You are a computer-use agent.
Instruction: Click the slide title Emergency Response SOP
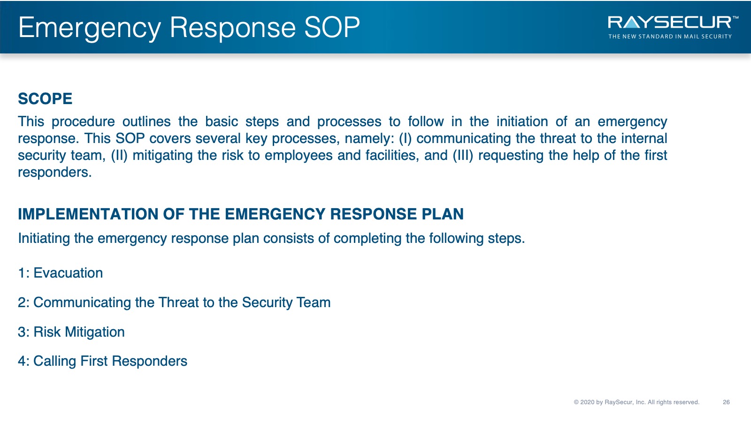[x=189, y=28]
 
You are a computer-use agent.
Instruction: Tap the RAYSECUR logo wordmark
[x=670, y=23]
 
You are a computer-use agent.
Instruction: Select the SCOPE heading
[x=45, y=99]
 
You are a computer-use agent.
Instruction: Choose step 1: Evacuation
[x=61, y=273]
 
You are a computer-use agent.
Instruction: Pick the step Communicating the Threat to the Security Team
[x=174, y=302]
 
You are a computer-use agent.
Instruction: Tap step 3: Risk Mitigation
[x=71, y=332]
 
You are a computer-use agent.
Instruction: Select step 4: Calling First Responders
[x=103, y=361]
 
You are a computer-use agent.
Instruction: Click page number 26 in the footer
[x=726, y=402]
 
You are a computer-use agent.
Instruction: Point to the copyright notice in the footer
[x=636, y=402]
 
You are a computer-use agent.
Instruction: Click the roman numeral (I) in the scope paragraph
[x=405, y=139]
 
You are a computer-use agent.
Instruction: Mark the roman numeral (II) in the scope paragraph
[x=119, y=155]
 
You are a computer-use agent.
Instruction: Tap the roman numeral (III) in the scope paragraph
[x=463, y=155]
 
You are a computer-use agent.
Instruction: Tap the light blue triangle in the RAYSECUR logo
[x=632, y=23]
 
